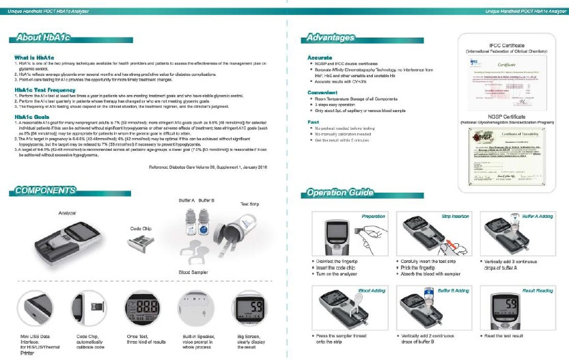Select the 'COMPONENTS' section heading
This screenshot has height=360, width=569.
click(46, 190)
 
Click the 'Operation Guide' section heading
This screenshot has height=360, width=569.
click(339, 193)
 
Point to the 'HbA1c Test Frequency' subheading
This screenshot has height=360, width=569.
click(45, 89)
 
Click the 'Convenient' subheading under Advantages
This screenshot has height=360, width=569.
click(322, 92)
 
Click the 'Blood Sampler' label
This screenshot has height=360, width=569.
click(194, 272)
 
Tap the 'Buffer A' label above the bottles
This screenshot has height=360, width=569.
click(186, 200)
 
